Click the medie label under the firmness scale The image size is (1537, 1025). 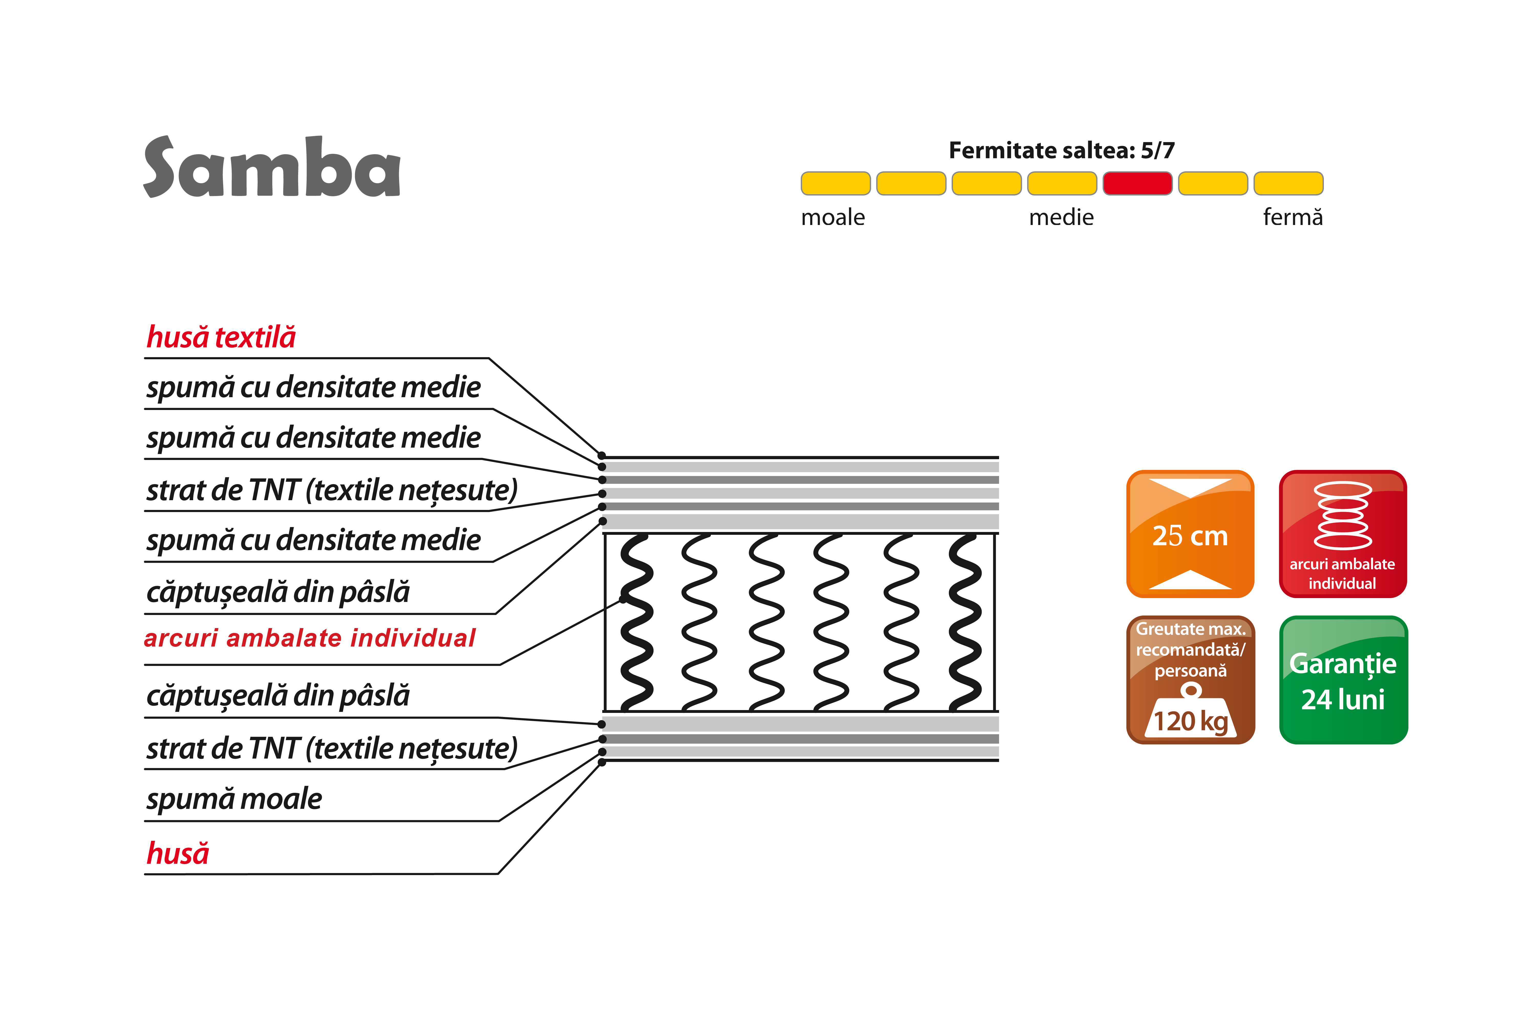[x=1061, y=217]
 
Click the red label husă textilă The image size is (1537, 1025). [x=221, y=337]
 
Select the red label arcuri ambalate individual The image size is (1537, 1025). [x=310, y=638]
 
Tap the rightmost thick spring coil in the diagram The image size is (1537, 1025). [x=965, y=622]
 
